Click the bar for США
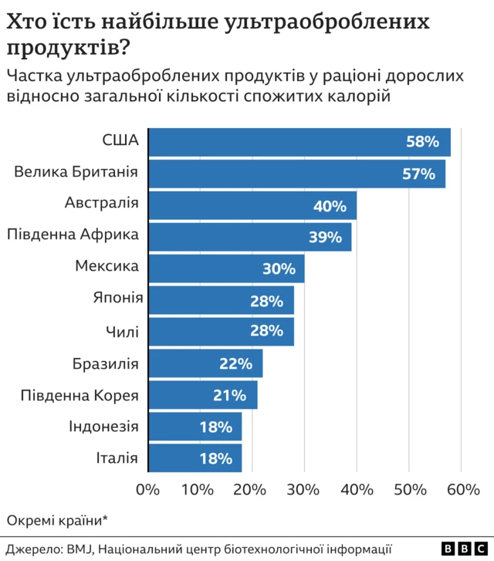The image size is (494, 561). [x=299, y=142]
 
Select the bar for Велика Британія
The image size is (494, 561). [x=296, y=174]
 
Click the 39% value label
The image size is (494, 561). [x=325, y=237]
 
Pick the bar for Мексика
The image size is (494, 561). [x=225, y=269]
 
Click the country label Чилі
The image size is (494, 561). [x=122, y=332]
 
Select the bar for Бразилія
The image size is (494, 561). [x=205, y=363]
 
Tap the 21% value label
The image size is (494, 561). [x=229, y=396]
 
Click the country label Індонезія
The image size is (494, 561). [x=103, y=426]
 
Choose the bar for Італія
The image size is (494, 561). [x=194, y=458]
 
